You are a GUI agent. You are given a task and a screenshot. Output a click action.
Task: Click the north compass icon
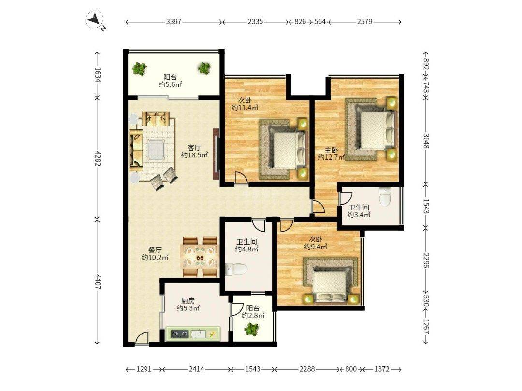pyautogui.click(x=95, y=20)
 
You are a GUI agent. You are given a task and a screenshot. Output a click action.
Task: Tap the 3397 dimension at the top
pyautogui.click(x=174, y=22)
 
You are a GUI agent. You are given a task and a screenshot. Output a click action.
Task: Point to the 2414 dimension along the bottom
pyautogui.click(x=196, y=369)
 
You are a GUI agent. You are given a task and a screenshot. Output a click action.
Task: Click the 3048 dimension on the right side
pyautogui.click(x=426, y=141)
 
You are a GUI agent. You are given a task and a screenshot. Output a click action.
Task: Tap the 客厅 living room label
pyautogui.click(x=194, y=147)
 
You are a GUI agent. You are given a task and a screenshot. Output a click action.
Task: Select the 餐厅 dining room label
pyautogui.click(x=155, y=250)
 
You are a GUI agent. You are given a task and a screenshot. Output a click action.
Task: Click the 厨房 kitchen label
pyautogui.click(x=188, y=301)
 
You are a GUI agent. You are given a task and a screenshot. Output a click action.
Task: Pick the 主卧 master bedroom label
pyautogui.click(x=331, y=150)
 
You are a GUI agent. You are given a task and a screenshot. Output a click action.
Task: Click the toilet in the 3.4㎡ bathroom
pyautogui.click(x=385, y=196)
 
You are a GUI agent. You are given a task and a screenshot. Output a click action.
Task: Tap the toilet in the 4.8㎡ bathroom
pyautogui.click(x=236, y=269)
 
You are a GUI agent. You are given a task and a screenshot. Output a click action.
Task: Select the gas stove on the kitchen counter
pyautogui.click(x=180, y=334)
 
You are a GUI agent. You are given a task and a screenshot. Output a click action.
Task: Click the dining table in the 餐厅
pyautogui.click(x=199, y=257)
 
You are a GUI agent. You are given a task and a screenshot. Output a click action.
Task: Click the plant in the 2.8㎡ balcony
pyautogui.click(x=252, y=330)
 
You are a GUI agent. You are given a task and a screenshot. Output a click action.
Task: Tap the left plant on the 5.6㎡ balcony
pyautogui.click(x=139, y=69)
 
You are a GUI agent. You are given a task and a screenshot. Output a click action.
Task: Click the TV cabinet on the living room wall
pyautogui.click(x=217, y=154)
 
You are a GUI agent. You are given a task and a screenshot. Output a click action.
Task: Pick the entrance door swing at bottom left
pyautogui.click(x=142, y=338)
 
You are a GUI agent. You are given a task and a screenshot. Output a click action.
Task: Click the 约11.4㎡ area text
pyautogui.click(x=245, y=107)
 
